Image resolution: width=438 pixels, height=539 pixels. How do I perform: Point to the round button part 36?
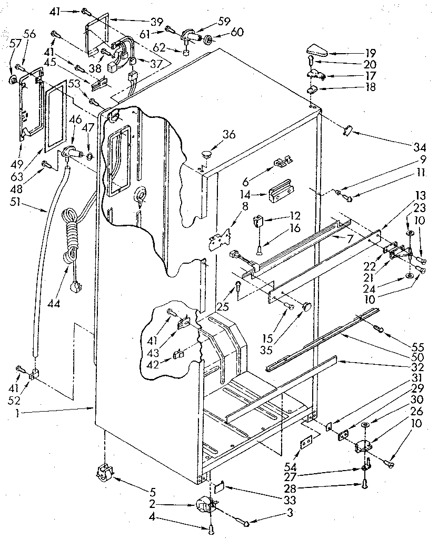pos(205,154)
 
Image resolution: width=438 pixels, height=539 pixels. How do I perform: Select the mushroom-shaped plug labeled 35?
pos(305,306)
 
